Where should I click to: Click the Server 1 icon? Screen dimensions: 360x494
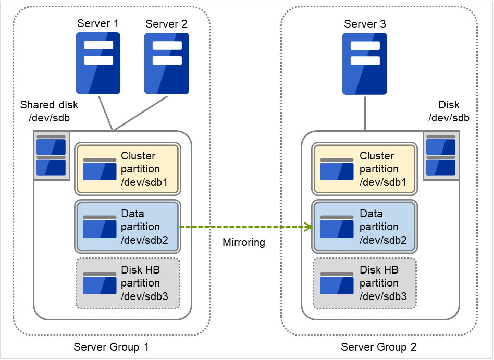(x=98, y=63)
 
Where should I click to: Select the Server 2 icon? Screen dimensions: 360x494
(x=166, y=63)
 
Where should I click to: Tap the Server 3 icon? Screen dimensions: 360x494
(x=364, y=63)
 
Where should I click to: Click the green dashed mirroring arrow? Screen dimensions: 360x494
(x=245, y=227)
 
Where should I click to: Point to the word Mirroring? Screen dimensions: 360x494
(x=244, y=242)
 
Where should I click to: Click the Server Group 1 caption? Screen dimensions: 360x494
(x=112, y=347)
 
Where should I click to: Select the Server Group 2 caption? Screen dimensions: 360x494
(x=379, y=347)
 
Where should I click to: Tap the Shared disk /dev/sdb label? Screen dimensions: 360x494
(x=49, y=111)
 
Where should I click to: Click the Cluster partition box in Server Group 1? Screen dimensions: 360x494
(x=128, y=169)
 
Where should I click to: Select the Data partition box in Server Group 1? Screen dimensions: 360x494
(x=128, y=227)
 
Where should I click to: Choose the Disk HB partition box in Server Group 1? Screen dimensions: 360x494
(x=128, y=283)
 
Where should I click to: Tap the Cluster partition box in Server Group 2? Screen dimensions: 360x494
(x=364, y=169)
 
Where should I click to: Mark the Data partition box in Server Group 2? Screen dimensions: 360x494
(x=364, y=227)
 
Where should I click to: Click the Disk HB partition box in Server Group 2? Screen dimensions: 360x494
(x=364, y=283)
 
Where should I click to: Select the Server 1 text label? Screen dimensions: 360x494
(x=98, y=23)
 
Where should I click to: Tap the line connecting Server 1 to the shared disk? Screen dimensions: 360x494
(x=105, y=113)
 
